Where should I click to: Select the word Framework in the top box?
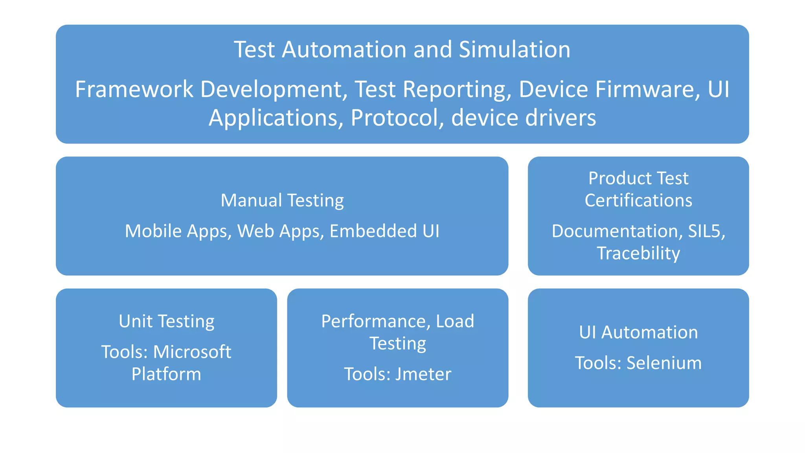coord(134,89)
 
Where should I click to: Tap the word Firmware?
coord(649,89)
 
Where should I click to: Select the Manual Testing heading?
coord(282,201)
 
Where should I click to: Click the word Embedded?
coord(373,231)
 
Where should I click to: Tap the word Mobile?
coord(154,231)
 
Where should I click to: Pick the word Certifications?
coord(638,201)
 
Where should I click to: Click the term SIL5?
coord(706,231)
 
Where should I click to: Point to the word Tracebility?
coord(638,253)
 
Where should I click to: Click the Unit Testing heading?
coord(166,322)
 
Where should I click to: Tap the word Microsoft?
coord(192,352)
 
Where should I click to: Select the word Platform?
coord(166,374)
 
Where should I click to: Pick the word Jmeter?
coord(423,374)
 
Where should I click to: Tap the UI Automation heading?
coord(638,333)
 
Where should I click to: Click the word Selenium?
coord(664,363)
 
